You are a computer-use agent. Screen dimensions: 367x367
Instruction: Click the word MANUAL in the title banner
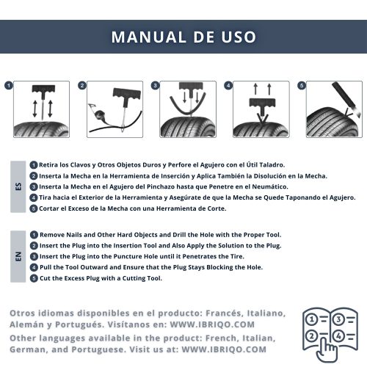[148, 37]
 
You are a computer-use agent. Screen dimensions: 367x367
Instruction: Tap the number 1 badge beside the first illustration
[9, 86]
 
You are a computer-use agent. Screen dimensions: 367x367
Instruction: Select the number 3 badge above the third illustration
[155, 86]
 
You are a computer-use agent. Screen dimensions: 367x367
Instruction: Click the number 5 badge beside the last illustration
[302, 86]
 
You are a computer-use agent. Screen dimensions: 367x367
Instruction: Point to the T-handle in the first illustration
[43, 89]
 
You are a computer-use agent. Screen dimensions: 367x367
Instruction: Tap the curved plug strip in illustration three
[188, 105]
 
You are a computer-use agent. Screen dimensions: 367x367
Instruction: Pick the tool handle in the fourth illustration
[262, 103]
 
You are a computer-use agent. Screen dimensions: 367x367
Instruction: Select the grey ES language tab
[18, 186]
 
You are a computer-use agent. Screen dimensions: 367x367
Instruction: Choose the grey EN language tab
[18, 256]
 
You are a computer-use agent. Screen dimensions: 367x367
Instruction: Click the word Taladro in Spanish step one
[272, 165]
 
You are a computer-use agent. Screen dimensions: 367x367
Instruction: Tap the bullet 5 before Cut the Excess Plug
[34, 278]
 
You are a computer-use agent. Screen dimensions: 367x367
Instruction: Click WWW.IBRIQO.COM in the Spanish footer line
[212, 324]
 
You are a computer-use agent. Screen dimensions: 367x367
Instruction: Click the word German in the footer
[27, 349]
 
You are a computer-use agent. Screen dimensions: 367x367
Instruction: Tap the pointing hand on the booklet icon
[327, 350]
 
